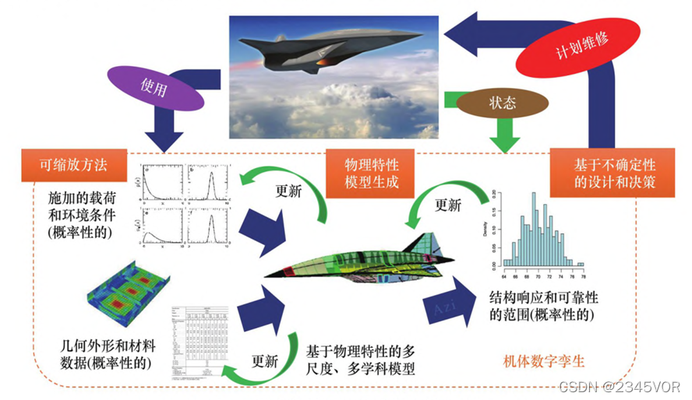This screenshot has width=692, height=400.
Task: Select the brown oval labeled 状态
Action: tap(502, 103)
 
